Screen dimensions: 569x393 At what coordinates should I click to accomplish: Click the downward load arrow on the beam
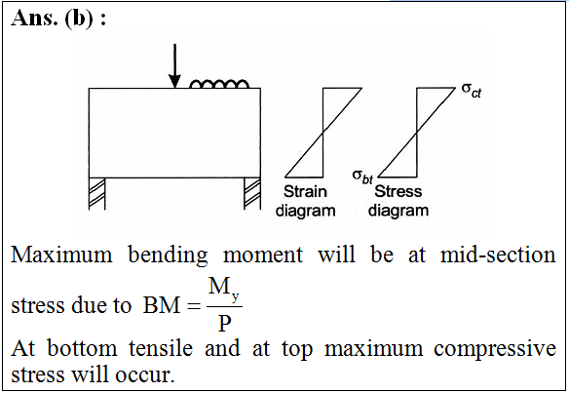tap(174, 65)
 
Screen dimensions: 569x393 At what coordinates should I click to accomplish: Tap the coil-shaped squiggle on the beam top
tap(219, 84)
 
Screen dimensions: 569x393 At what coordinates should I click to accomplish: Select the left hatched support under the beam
tap(96, 194)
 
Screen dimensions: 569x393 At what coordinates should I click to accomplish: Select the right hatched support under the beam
tap(252, 194)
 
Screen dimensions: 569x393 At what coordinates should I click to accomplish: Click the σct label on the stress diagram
tap(472, 90)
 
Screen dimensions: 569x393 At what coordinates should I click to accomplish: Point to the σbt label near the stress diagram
tap(362, 177)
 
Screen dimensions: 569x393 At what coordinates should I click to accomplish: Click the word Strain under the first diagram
tap(305, 191)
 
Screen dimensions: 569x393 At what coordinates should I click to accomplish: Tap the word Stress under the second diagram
tap(398, 191)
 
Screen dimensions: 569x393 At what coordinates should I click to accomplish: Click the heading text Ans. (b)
tap(58, 19)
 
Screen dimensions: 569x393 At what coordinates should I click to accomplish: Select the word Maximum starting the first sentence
tap(61, 255)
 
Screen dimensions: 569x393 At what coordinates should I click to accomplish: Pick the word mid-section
tap(498, 255)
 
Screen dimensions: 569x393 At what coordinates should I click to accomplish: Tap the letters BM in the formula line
tap(162, 305)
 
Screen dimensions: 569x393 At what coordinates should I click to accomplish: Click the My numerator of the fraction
tap(223, 288)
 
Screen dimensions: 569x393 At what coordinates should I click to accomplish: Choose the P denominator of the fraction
tap(225, 323)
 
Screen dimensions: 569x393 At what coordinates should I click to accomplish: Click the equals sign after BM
tap(194, 306)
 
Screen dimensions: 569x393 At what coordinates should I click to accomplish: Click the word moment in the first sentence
tap(263, 255)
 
